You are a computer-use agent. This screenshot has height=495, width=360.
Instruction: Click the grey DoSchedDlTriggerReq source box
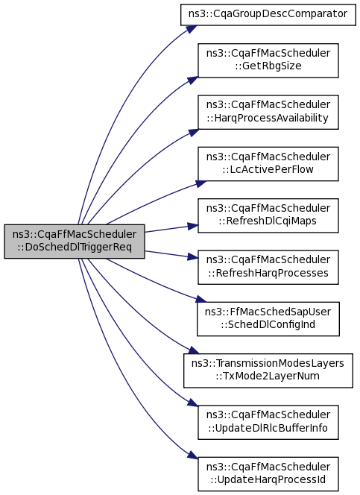(75, 242)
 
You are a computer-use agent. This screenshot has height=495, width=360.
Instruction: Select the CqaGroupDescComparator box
(268, 15)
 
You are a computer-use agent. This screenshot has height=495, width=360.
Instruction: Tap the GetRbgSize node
(268, 60)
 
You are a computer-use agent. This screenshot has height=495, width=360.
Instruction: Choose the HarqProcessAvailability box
(268, 112)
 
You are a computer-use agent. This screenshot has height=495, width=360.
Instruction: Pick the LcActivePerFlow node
(268, 164)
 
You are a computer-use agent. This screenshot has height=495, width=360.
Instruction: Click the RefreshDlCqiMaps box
(268, 215)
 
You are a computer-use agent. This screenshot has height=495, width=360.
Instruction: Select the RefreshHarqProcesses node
(268, 267)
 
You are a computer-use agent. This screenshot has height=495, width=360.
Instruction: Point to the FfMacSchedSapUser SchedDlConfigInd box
(268, 319)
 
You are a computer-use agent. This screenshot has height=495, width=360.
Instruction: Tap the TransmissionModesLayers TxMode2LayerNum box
(268, 371)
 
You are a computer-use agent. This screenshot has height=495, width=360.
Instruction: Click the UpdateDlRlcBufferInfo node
(268, 422)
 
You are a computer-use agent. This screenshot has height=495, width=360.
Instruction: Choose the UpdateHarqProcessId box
(268, 474)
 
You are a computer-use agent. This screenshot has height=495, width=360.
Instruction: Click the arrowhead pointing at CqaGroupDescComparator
(192, 29)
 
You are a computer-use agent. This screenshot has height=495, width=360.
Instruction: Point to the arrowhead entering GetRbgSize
(193, 81)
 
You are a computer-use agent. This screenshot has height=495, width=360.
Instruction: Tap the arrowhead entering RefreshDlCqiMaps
(193, 226)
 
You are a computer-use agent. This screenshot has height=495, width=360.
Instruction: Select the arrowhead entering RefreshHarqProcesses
(193, 257)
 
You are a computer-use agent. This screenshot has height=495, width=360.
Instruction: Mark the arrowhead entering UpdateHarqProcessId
(193, 455)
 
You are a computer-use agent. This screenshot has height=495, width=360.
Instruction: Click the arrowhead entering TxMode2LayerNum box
(194, 350)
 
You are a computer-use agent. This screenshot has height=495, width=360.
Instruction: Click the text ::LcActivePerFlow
(268, 170)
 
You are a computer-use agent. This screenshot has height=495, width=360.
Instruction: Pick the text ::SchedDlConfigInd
(268, 325)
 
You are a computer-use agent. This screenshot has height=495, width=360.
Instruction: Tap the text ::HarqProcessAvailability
(268, 118)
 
